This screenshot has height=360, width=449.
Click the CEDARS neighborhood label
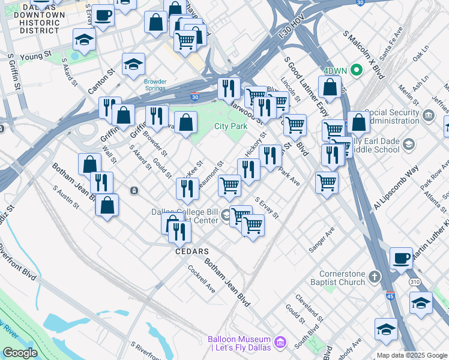pyautogui.click(x=191, y=251)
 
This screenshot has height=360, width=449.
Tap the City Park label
pyautogui.click(x=231, y=127)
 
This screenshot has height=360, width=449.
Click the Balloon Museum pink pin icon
pyautogui.click(x=280, y=343)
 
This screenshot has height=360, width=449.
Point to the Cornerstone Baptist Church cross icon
pyautogui.click(x=375, y=277)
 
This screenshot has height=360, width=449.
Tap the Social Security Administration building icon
pyautogui.click(x=428, y=115)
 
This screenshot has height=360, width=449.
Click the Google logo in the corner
pyautogui.click(x=20, y=353)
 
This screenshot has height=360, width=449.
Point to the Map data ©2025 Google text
pyautogui.click(x=412, y=355)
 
